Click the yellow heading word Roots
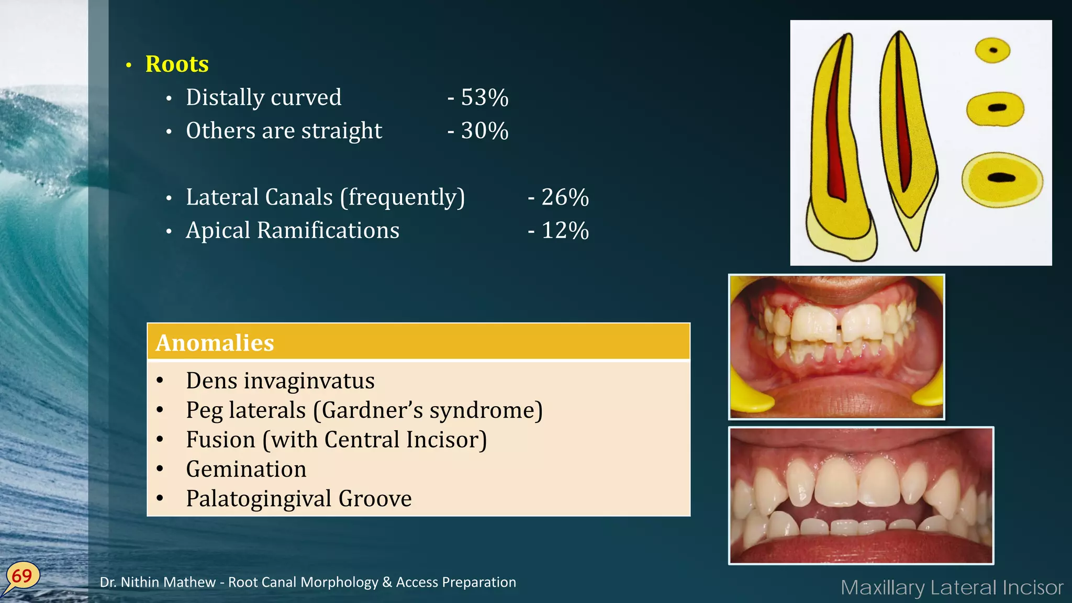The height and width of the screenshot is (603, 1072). click(x=177, y=64)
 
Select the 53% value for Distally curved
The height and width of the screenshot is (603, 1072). click(x=484, y=98)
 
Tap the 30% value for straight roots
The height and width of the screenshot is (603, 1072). click(x=484, y=131)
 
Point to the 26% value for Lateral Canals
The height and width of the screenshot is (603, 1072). click(x=565, y=197)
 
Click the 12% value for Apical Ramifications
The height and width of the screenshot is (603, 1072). click(x=565, y=231)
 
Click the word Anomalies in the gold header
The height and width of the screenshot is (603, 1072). click(x=215, y=343)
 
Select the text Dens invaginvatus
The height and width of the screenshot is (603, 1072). click(x=280, y=381)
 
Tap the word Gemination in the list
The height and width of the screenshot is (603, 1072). click(x=246, y=469)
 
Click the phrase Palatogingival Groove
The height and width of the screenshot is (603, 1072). click(x=298, y=498)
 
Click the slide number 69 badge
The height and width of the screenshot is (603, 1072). click(x=22, y=576)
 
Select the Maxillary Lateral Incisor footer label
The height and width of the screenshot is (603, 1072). click(x=952, y=587)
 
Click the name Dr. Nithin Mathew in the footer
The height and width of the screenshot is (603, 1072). click(x=158, y=582)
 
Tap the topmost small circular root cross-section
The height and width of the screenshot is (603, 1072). click(x=992, y=51)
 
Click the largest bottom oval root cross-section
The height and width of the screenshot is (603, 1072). click(x=1002, y=178)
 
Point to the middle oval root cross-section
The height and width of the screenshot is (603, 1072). click(x=995, y=108)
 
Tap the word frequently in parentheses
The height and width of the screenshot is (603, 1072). click(x=403, y=197)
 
